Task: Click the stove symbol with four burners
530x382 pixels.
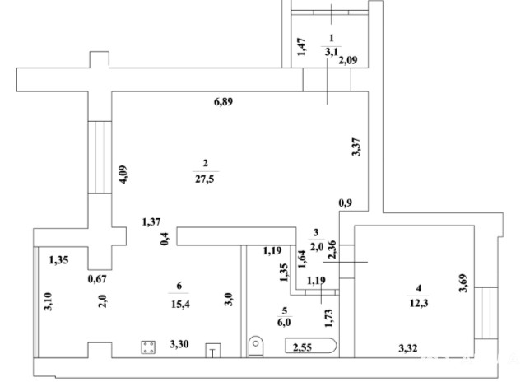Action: click(148, 347)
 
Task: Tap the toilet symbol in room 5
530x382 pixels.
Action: click(256, 347)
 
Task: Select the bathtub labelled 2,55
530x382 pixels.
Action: click(311, 346)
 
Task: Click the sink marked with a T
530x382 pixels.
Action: click(213, 351)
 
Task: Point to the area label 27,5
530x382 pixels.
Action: click(204, 179)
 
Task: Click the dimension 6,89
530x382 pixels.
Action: click(223, 101)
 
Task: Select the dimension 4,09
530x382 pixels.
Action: click(123, 175)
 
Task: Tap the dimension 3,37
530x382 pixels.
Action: click(356, 147)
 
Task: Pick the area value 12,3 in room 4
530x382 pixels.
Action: click(419, 303)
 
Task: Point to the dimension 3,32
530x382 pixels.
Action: click(408, 348)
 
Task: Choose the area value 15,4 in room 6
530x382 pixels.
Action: click(180, 304)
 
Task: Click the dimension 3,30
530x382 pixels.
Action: click(179, 344)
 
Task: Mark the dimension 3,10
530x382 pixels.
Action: click(48, 301)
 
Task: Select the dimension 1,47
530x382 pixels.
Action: click(301, 47)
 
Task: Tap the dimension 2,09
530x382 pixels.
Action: click(348, 60)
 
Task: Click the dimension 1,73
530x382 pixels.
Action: click(328, 318)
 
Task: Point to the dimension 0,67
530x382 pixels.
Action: click(97, 279)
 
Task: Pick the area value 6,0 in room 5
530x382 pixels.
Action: click(284, 322)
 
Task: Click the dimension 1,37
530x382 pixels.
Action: click(151, 222)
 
